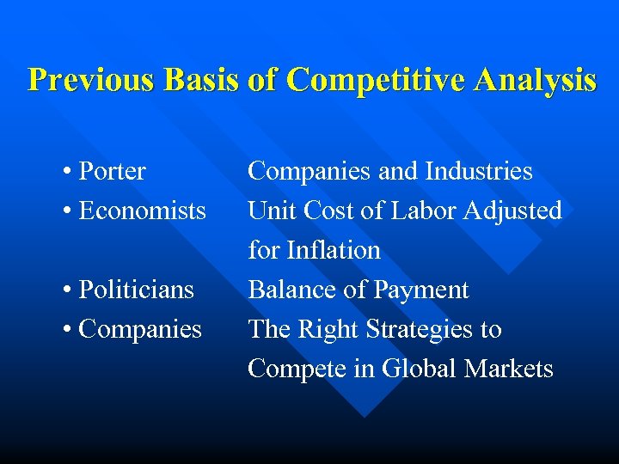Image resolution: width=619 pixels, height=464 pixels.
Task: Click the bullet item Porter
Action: (x=112, y=172)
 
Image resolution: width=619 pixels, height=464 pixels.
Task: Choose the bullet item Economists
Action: (x=142, y=211)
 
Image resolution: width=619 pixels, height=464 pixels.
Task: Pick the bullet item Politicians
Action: (x=136, y=290)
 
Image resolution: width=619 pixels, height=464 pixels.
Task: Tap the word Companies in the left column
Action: (x=140, y=330)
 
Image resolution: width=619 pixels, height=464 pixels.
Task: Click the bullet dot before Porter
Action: (x=67, y=172)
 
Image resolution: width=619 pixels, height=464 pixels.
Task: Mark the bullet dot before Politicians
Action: (x=67, y=290)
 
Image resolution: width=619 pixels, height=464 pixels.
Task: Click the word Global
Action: (x=419, y=369)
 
